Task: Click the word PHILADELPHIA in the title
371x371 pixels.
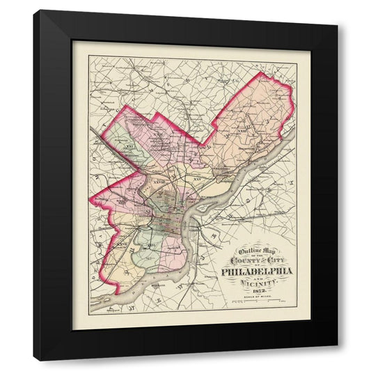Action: point(258,271)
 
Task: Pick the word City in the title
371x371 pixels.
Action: point(274,261)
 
